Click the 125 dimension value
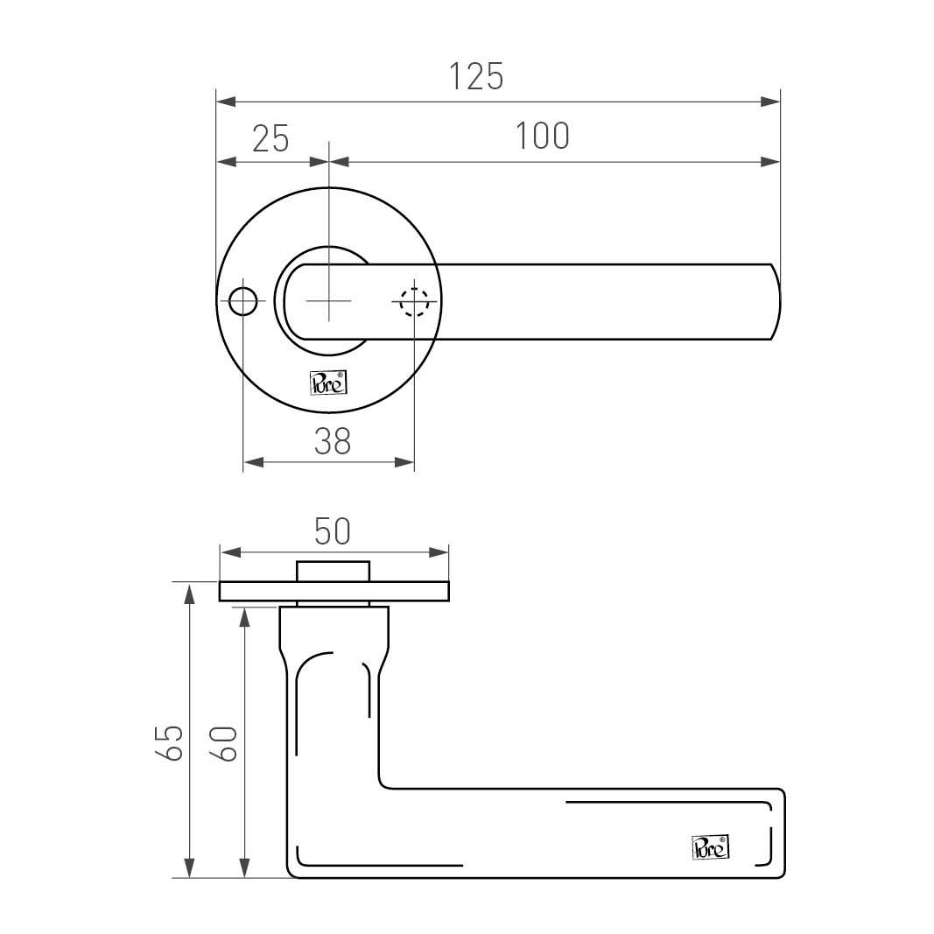click(476, 77)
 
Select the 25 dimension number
click(271, 139)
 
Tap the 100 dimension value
click(542, 136)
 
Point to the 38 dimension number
click(333, 441)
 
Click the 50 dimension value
click(333, 532)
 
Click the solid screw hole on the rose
click(243, 301)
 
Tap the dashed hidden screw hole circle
click(414, 302)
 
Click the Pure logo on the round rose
click(328, 383)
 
